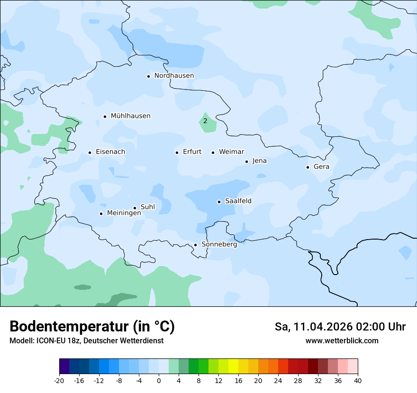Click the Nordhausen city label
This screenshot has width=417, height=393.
pyautogui.click(x=174, y=76)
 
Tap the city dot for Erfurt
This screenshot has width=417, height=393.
pyautogui.click(x=177, y=152)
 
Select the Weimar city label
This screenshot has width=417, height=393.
pyautogui.click(x=231, y=152)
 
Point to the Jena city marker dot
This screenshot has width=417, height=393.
pyautogui.click(x=246, y=161)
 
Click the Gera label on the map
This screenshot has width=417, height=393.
pyautogui.click(x=321, y=167)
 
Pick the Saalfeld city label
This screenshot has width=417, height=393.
pyautogui.click(x=238, y=201)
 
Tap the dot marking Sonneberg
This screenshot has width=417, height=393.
pyautogui.click(x=195, y=245)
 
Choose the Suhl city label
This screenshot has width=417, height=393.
pyautogui.click(x=148, y=207)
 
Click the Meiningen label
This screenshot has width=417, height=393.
pyautogui.click(x=124, y=213)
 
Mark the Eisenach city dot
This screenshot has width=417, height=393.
pyautogui.click(x=90, y=152)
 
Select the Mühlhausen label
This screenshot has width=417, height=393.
pyautogui.click(x=130, y=116)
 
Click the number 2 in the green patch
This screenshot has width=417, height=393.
pyautogui.click(x=205, y=121)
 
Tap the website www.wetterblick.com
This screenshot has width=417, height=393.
pyautogui.click(x=342, y=341)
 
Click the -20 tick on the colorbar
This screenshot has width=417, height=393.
pyautogui.click(x=59, y=380)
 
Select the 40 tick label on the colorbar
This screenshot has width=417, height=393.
pyautogui.click(x=358, y=380)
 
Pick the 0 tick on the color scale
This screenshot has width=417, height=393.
pyautogui.click(x=159, y=380)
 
